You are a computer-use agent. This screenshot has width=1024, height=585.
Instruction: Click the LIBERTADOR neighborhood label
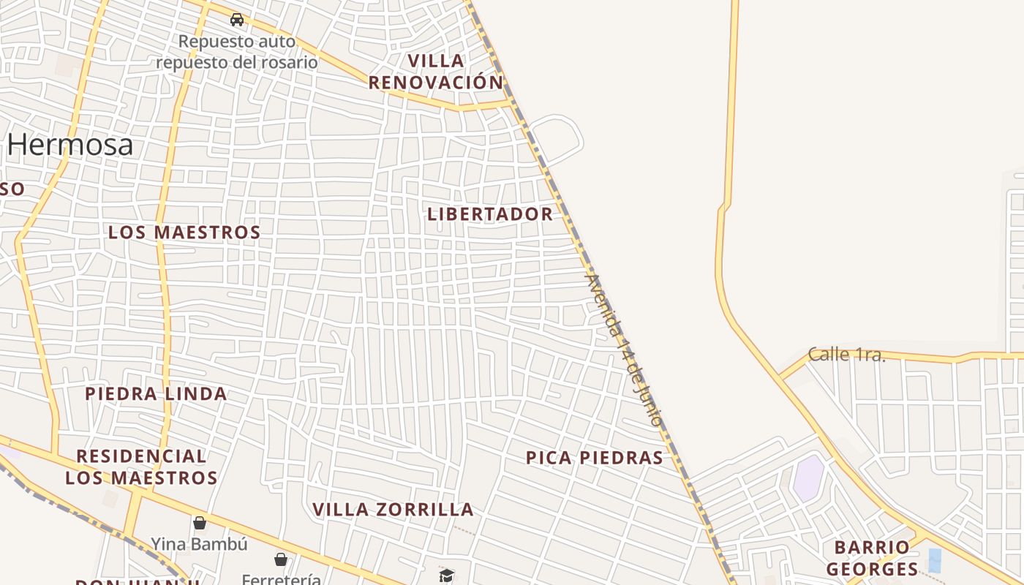(490, 214)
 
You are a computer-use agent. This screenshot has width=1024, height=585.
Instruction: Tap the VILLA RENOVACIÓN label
(437, 72)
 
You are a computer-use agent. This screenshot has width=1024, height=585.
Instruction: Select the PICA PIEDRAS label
(595, 458)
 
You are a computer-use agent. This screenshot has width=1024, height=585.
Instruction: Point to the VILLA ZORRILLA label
(393, 510)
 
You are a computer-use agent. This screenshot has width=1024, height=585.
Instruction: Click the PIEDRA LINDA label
(156, 394)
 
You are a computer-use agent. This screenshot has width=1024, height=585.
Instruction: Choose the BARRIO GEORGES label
(872, 558)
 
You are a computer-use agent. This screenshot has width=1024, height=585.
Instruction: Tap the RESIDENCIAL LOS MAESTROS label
(141, 467)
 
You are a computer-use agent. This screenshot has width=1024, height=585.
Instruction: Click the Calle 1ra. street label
(846, 355)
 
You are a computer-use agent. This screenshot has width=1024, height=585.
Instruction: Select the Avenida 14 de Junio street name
(625, 350)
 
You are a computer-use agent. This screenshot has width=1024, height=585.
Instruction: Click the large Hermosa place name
(71, 145)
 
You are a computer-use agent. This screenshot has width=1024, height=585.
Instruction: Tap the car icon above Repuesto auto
(236, 20)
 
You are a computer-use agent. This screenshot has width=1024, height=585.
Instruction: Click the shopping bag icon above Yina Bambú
(199, 523)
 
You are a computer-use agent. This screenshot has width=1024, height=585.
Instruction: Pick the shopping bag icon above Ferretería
(280, 560)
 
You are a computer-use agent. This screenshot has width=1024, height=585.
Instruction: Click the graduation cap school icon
(446, 575)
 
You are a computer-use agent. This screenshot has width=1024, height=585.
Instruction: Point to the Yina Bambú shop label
(199, 544)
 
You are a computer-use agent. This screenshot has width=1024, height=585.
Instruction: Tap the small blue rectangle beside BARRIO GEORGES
(935, 560)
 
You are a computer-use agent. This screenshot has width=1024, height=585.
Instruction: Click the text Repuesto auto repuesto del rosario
(237, 52)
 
